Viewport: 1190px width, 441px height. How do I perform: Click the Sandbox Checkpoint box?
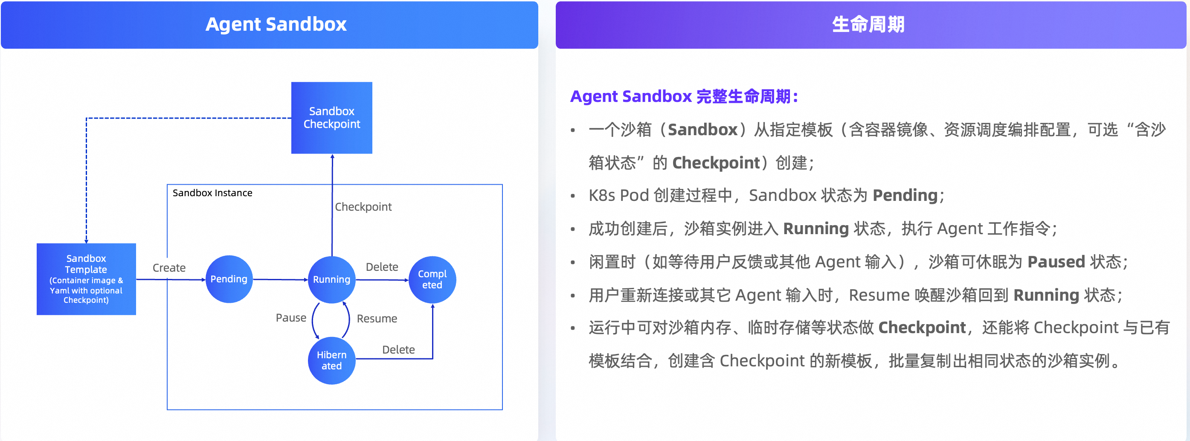click(332, 118)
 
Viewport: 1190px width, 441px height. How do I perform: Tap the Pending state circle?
click(229, 279)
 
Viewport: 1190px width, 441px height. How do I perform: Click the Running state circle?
click(332, 279)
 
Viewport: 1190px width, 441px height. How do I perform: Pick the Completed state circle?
click(432, 279)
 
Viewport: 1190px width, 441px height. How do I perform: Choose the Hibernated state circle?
click(332, 360)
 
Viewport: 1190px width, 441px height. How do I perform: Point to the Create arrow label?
click(169, 268)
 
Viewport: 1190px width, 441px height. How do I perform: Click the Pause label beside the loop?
click(291, 318)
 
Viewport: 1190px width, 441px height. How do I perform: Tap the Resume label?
click(377, 319)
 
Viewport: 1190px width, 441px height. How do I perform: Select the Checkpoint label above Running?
click(363, 207)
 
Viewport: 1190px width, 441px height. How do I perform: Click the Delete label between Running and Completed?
click(382, 267)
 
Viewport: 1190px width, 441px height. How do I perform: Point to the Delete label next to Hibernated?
click(398, 350)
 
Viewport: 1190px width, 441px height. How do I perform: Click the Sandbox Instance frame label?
click(212, 193)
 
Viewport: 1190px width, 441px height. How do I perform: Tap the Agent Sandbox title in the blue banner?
click(276, 24)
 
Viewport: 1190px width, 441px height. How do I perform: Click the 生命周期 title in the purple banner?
click(868, 24)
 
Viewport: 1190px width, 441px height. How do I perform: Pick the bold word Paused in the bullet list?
click(1056, 262)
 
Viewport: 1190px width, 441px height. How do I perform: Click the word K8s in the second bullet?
click(602, 195)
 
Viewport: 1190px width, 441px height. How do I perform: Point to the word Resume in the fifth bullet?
click(879, 295)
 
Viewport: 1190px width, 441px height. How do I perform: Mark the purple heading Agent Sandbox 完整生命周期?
click(684, 96)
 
